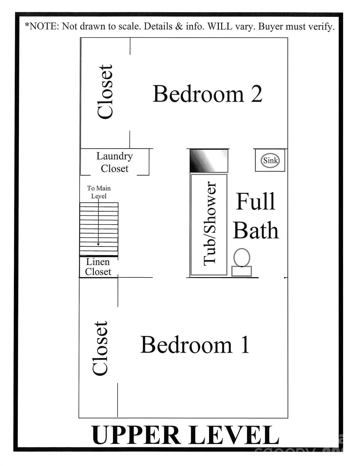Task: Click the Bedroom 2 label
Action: click(x=207, y=94)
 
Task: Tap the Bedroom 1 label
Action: click(x=195, y=345)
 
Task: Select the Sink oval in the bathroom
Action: click(x=270, y=160)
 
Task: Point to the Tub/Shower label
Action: click(x=210, y=224)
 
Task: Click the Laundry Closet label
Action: click(x=115, y=162)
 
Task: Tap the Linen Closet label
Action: click(x=98, y=267)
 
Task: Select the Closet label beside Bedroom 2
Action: click(x=105, y=92)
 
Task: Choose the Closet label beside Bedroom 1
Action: click(x=100, y=348)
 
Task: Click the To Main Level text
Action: click(x=99, y=192)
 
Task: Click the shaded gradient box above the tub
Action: click(x=209, y=160)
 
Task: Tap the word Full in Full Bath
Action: click(x=256, y=201)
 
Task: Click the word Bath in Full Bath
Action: click(x=256, y=231)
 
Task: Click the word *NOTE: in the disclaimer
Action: click(x=42, y=27)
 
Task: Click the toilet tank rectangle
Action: click(x=241, y=271)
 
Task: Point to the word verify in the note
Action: click(x=321, y=27)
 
